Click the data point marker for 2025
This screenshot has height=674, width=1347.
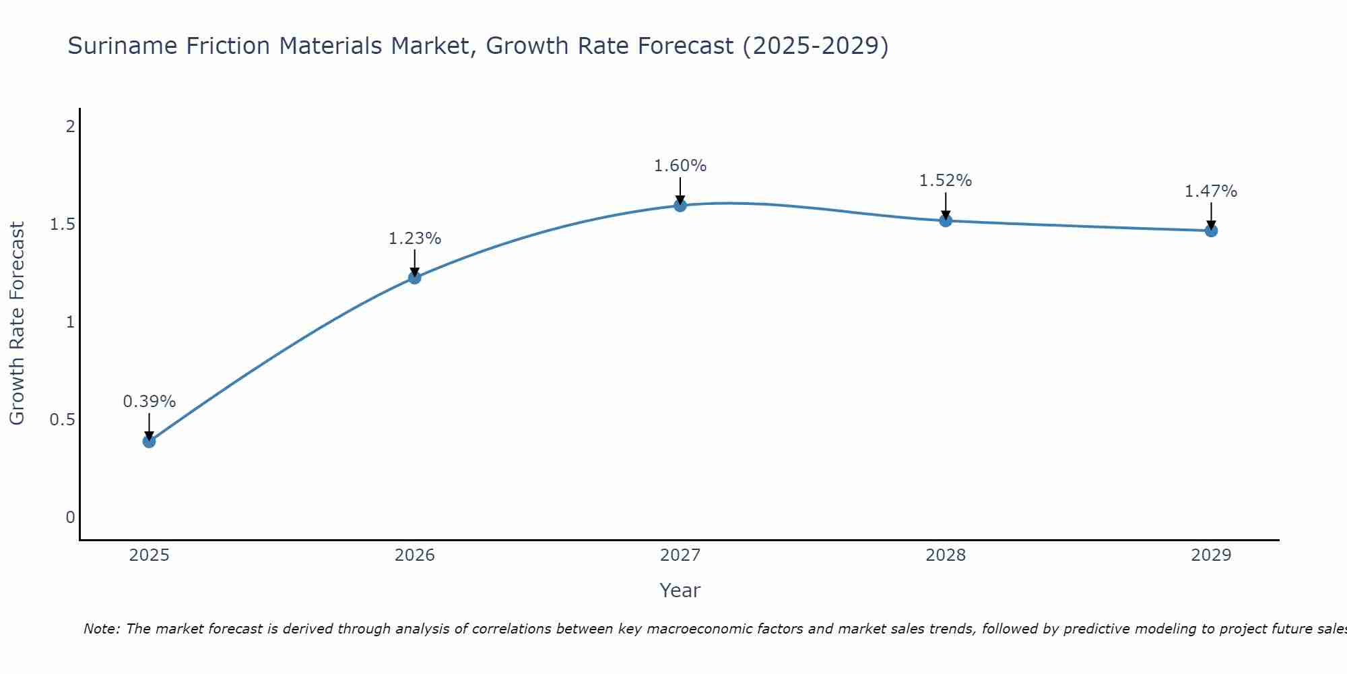pyautogui.click(x=149, y=441)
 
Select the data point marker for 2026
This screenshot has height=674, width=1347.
pyautogui.click(x=414, y=277)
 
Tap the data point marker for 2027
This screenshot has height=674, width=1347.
pyautogui.click(x=680, y=205)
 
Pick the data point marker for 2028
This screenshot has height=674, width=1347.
pyautogui.click(x=945, y=220)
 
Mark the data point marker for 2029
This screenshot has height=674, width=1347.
pyautogui.click(x=1210, y=231)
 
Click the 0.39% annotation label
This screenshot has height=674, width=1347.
pyautogui.click(x=149, y=402)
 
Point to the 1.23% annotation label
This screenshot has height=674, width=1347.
pyautogui.click(x=414, y=239)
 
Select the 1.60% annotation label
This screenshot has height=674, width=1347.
pyautogui.click(x=680, y=166)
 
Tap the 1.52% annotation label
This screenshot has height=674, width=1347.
pyautogui.click(x=945, y=181)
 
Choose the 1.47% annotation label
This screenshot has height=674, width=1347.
pyautogui.click(x=1210, y=191)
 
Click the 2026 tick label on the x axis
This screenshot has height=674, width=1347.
pyautogui.click(x=414, y=555)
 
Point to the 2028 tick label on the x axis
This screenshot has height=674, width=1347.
pyautogui.click(x=945, y=555)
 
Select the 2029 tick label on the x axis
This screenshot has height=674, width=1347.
pyautogui.click(x=1210, y=555)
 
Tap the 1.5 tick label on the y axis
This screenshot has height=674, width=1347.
pyautogui.click(x=62, y=224)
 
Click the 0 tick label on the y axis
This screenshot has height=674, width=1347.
pyautogui.click(x=70, y=518)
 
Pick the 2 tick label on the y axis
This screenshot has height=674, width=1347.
pyautogui.click(x=70, y=126)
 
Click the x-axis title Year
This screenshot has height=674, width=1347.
pyautogui.click(x=680, y=590)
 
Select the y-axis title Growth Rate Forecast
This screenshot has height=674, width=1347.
pyautogui.click(x=18, y=324)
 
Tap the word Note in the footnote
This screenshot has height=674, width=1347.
pyautogui.click(x=100, y=629)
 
